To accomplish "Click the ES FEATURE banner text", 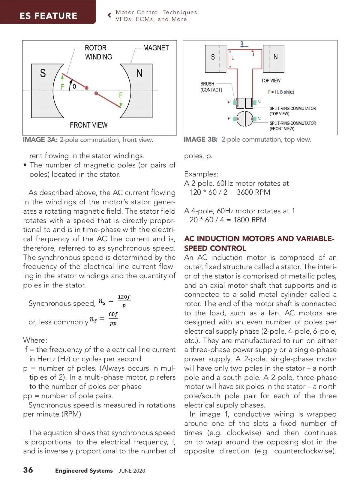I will pyautogui.click(x=48, y=16).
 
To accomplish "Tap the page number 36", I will pyautogui.click(x=28, y=470).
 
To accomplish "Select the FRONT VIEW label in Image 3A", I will pyautogui.click(x=88, y=125).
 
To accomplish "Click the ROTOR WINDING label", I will pyautogui.click(x=98, y=53).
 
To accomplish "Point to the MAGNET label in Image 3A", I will pyautogui.click(x=156, y=48).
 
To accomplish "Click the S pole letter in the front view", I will pyautogui.click(x=43, y=73).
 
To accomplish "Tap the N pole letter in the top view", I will pyautogui.click(x=275, y=57).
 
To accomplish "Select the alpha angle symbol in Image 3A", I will pyautogui.click(x=74, y=86).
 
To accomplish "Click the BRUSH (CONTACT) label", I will pyautogui.click(x=211, y=87).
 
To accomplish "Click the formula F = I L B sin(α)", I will pyautogui.click(x=281, y=92).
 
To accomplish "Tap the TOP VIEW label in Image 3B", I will pyautogui.click(x=271, y=81).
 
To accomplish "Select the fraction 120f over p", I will pyautogui.click(x=124, y=301).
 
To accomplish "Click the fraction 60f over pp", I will pyautogui.click(x=113, y=318).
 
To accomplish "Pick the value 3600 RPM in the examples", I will pyautogui.click(x=253, y=192).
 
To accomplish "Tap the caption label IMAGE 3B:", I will pyautogui.click(x=200, y=140).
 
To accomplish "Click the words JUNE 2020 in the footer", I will pyautogui.click(x=132, y=471).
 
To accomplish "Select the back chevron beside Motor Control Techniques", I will pyautogui.click(x=109, y=15).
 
